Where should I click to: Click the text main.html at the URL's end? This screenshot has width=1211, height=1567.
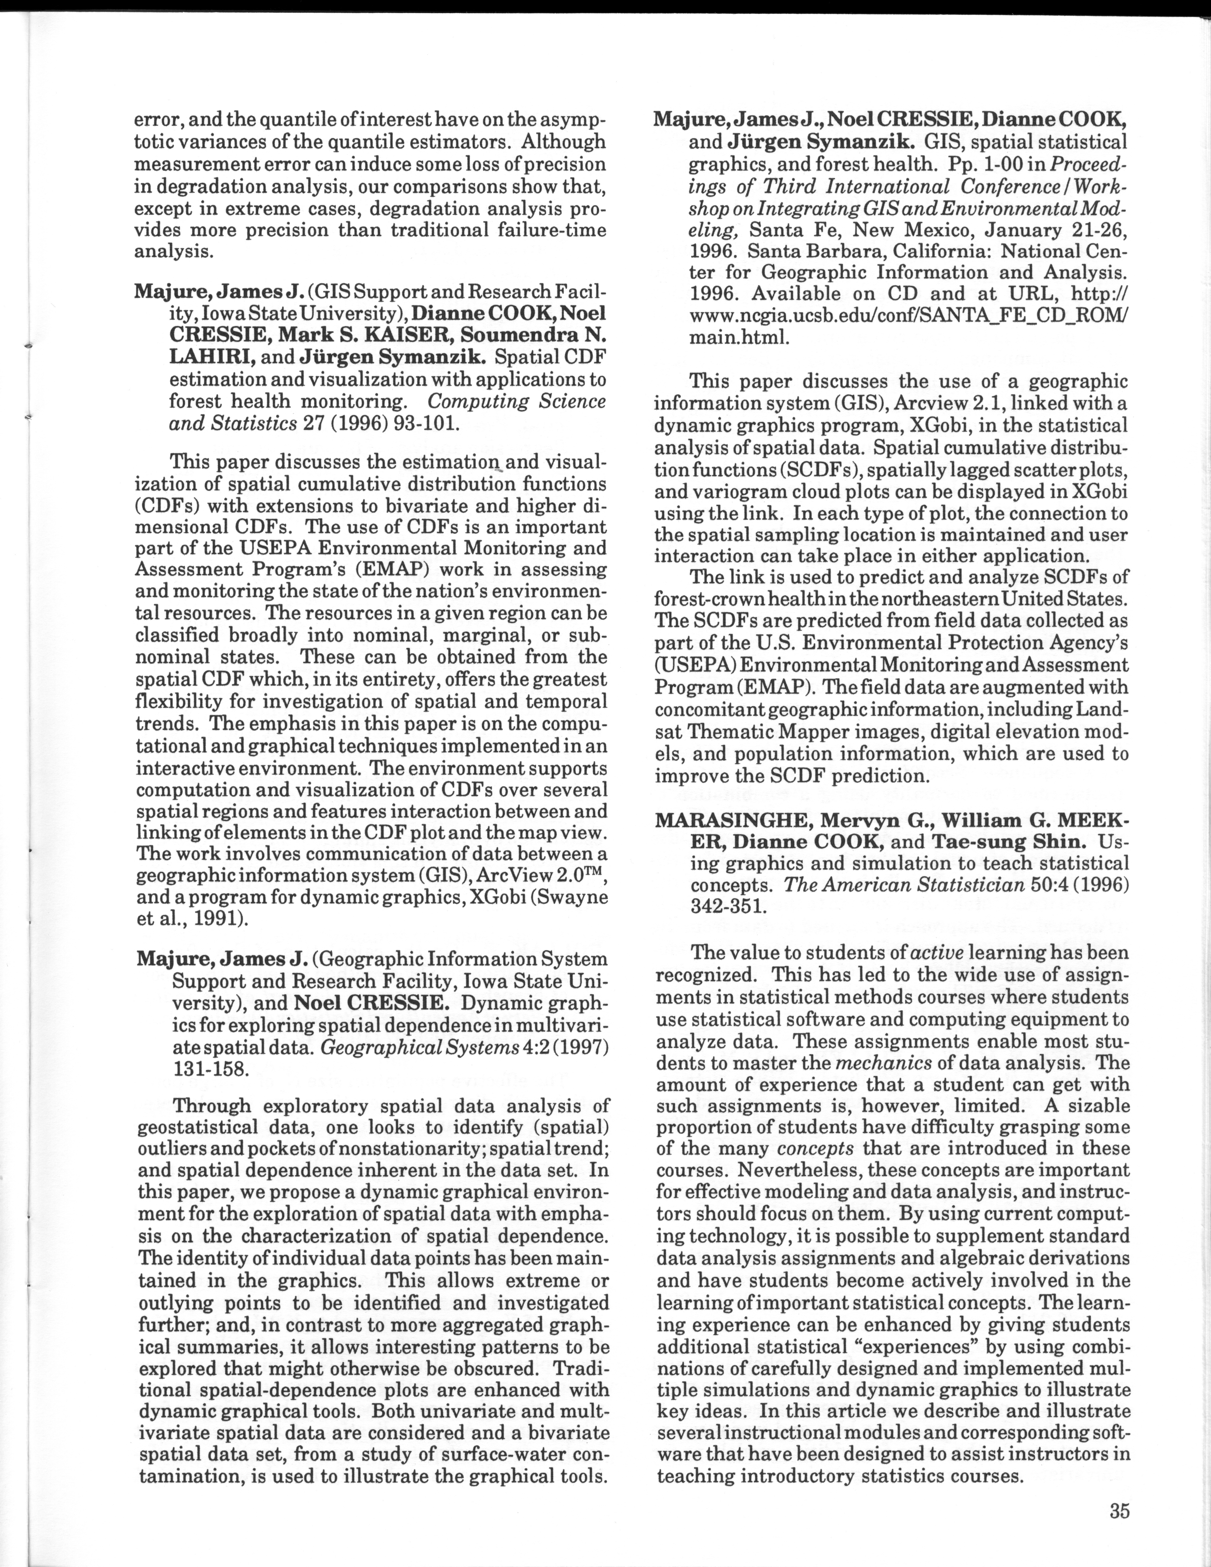pos(739,337)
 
